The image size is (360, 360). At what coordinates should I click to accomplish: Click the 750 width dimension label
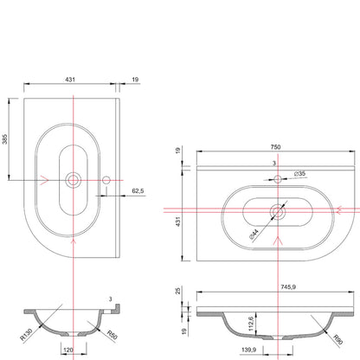click(x=275, y=147)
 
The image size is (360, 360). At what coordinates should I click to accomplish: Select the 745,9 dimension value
click(x=288, y=287)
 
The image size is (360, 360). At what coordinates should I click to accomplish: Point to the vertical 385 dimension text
click(x=5, y=139)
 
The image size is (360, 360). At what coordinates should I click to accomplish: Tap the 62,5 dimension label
click(x=138, y=191)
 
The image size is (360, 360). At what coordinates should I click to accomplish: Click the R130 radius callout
click(x=26, y=334)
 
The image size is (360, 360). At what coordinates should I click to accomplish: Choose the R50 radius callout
click(x=112, y=335)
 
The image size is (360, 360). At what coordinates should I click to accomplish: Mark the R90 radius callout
click(x=337, y=339)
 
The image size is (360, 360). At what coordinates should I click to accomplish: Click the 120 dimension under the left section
click(x=68, y=350)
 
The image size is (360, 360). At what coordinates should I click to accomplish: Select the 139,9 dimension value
click(x=249, y=350)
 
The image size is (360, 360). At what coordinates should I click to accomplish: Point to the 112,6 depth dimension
click(x=251, y=324)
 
